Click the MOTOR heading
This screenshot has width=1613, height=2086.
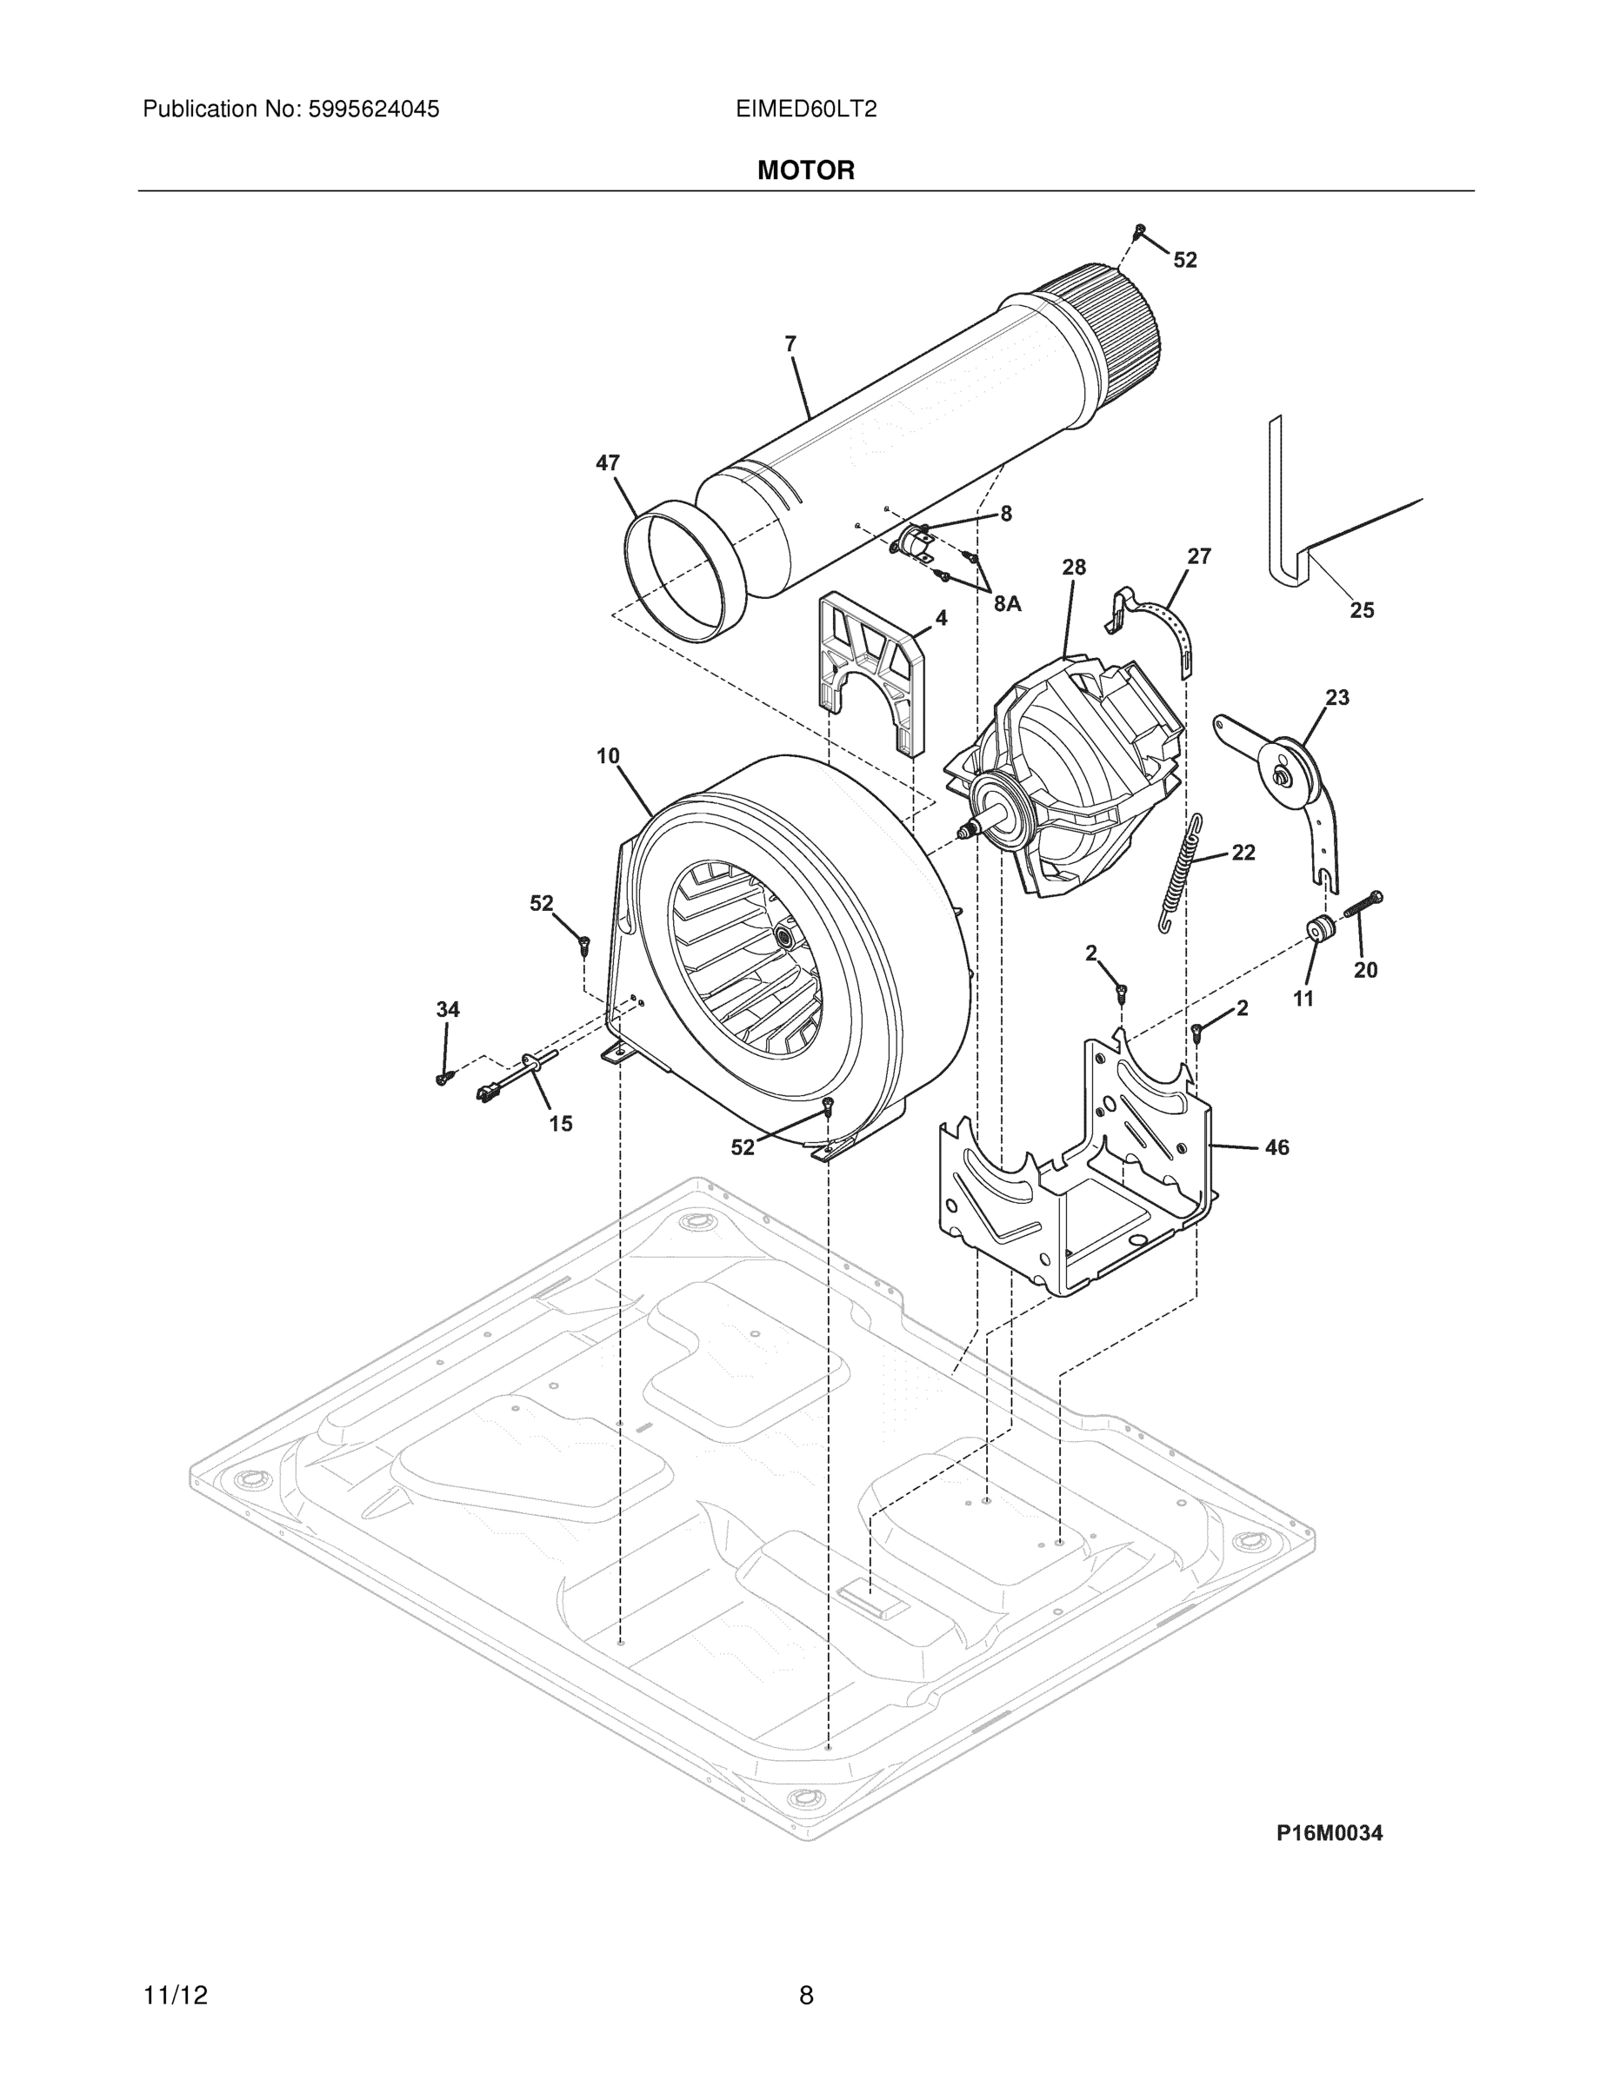pyautogui.click(x=805, y=170)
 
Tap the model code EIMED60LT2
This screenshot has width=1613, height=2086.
pyautogui.click(x=805, y=109)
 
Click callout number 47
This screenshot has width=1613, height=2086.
pyautogui.click(x=608, y=463)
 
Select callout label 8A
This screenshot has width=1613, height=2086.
pyautogui.click(x=1007, y=604)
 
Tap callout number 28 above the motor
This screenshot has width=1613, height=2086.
pyautogui.click(x=1074, y=568)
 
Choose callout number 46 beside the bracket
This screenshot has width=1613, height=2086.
pyautogui.click(x=1276, y=1147)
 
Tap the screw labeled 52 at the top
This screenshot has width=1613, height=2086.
pyautogui.click(x=1139, y=230)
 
